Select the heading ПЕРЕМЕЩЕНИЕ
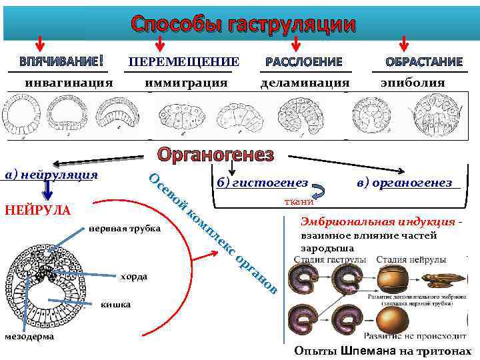coord(183,62)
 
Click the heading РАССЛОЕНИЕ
coord(303,62)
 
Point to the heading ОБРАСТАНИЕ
coord(424,62)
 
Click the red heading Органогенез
coord(215,155)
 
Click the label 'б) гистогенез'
coord(262,183)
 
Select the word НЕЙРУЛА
coord(37,210)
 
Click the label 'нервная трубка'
coord(125,229)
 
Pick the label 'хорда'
coord(135,276)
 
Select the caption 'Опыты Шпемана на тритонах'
coord(382,351)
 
